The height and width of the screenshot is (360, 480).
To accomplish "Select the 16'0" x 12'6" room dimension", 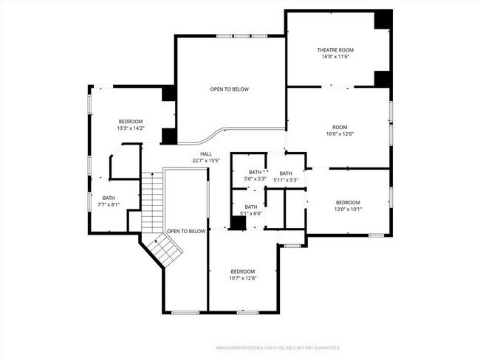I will pyautogui.click(x=339, y=134).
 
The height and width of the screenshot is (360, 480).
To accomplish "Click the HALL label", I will pyautogui.click(x=206, y=153).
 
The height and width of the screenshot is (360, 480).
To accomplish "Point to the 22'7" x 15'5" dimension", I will pyautogui.click(x=206, y=160).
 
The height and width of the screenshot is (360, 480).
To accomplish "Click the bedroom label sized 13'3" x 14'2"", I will pyautogui.click(x=131, y=121).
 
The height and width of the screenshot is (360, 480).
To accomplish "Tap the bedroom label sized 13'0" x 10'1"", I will pyautogui.click(x=348, y=202).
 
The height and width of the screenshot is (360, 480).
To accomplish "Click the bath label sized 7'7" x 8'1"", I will pyautogui.click(x=109, y=197).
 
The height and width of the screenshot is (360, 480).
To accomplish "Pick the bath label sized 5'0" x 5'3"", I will pyautogui.click(x=255, y=172).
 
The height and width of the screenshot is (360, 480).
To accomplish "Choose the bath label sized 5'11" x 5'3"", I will pyautogui.click(x=286, y=173).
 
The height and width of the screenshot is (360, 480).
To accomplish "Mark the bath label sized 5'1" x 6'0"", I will pyautogui.click(x=251, y=207).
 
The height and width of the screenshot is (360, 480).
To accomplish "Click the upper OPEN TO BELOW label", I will pyautogui.click(x=229, y=89).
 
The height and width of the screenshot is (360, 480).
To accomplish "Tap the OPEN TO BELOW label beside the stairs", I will pyautogui.click(x=185, y=231).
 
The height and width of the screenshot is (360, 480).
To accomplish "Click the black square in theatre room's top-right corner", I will pyautogui.click(x=382, y=20).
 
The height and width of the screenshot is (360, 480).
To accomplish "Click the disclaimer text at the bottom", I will pyautogui.click(x=278, y=347).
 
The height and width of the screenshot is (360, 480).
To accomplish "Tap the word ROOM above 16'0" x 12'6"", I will pyautogui.click(x=339, y=127).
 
